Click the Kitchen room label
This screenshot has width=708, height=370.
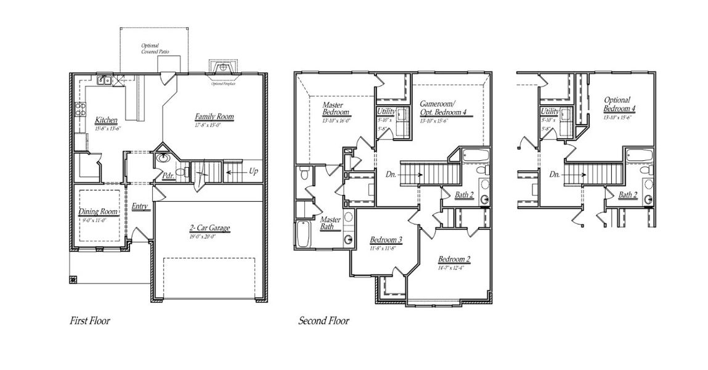click(106, 120)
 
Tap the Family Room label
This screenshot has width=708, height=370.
click(214, 117)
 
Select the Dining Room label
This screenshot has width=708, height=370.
click(98, 212)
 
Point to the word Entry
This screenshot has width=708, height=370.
click(140, 207)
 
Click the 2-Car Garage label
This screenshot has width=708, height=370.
click(210, 228)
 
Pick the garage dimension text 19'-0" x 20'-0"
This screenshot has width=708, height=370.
click(210, 236)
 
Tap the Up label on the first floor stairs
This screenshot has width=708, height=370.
click(253, 170)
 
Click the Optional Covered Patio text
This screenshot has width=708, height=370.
click(150, 49)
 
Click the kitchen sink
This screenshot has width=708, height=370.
click(104, 80)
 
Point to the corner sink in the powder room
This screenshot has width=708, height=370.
click(164, 158)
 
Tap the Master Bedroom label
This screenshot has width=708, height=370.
click(336, 109)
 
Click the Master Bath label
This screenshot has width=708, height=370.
click(330, 223)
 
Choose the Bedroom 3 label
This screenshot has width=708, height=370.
click(386, 240)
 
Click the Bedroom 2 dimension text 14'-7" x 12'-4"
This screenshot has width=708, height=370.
click(454, 267)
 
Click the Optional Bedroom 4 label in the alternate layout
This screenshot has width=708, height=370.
click(619, 104)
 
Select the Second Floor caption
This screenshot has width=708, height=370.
click(323, 321)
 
